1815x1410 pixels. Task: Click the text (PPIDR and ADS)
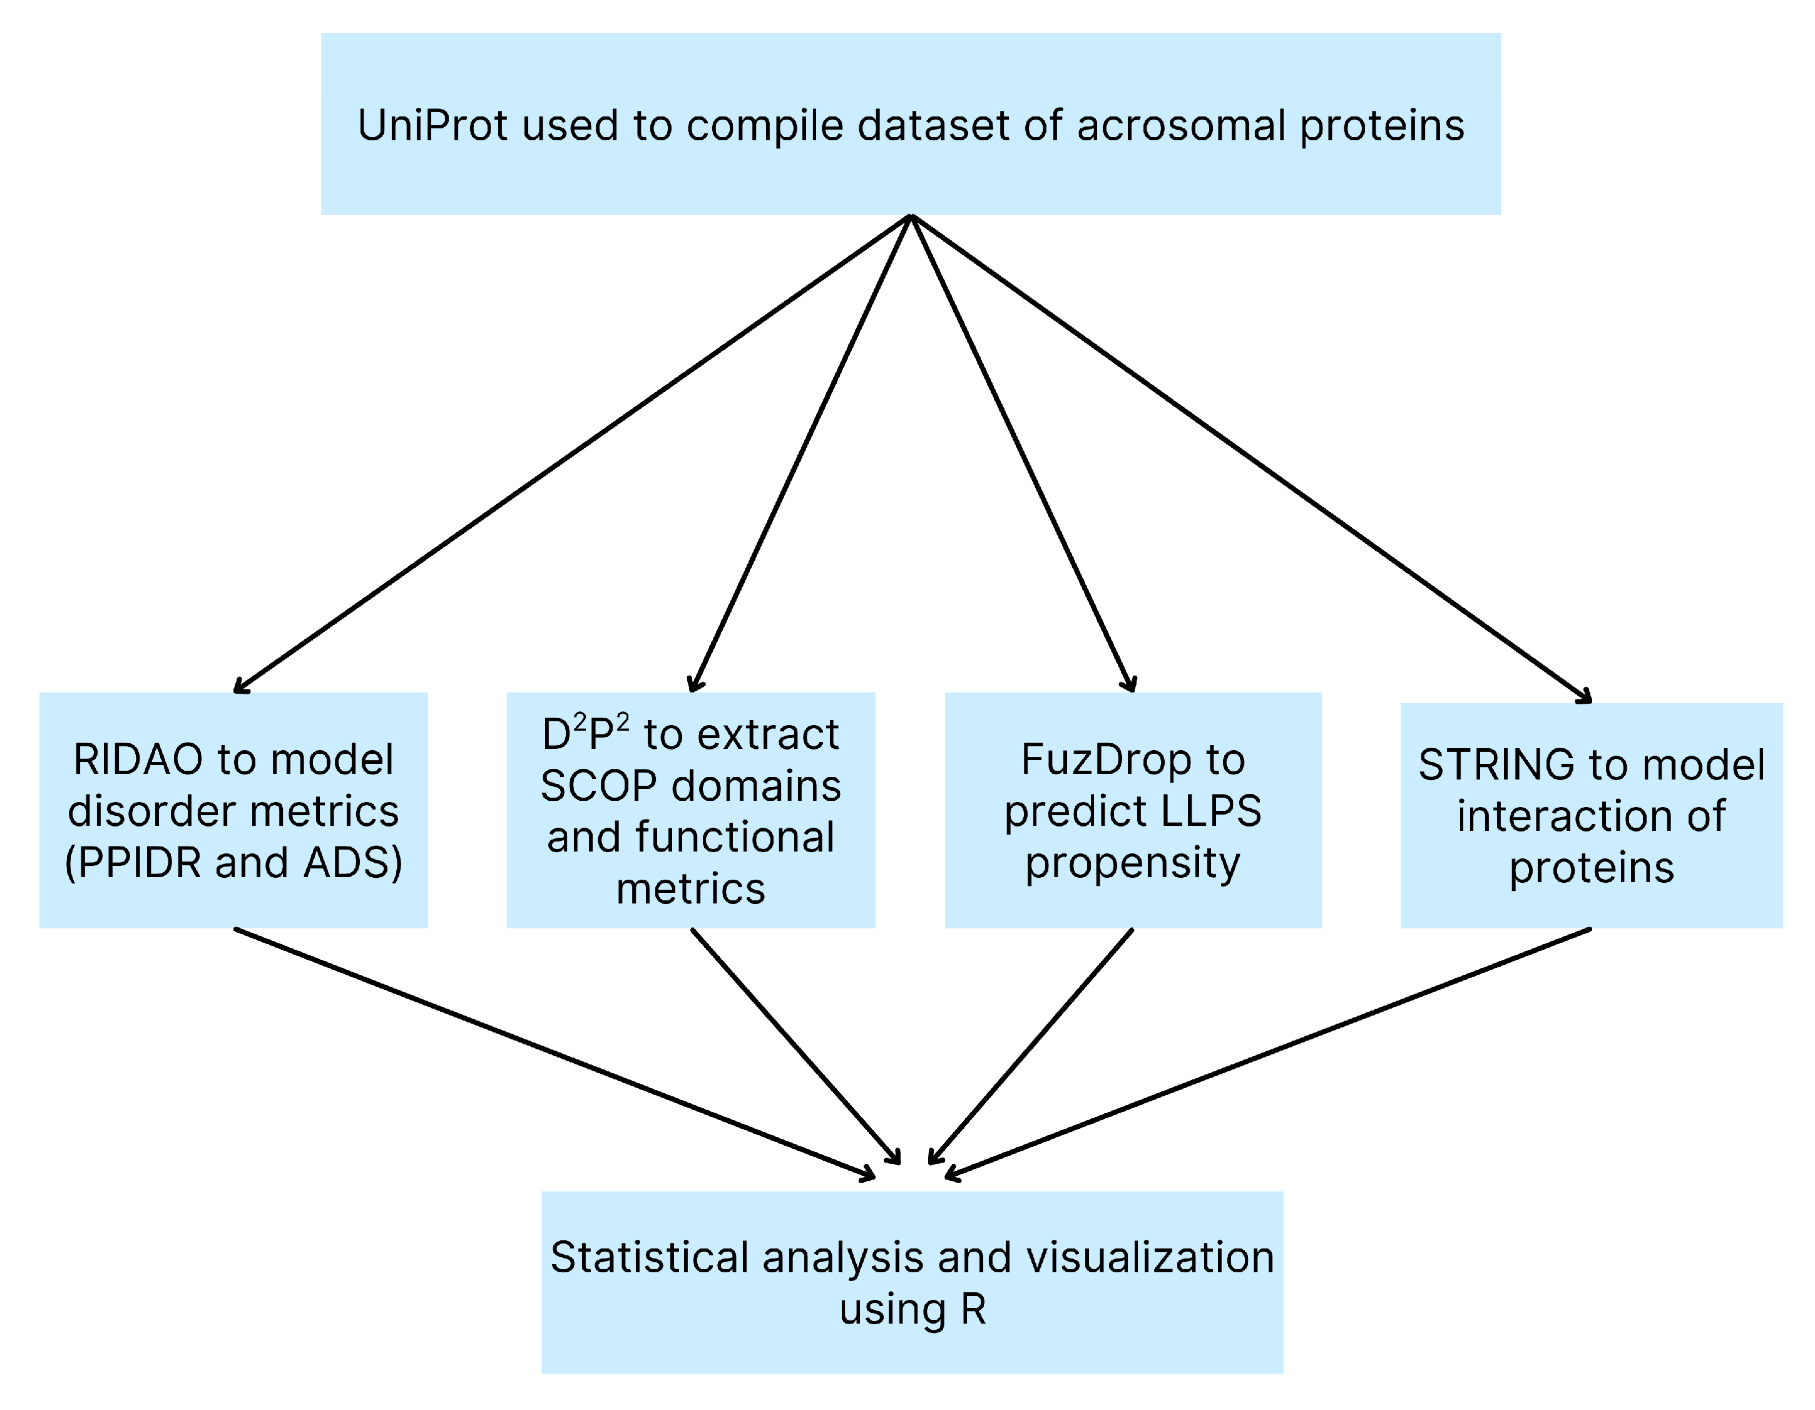click(233, 863)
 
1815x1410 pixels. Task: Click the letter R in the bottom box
click(973, 1311)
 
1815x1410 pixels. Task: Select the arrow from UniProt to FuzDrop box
click(1022, 453)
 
